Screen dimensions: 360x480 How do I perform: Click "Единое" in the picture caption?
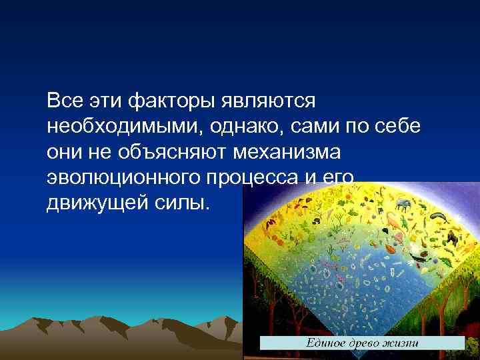pyautogui.click(x=325, y=343)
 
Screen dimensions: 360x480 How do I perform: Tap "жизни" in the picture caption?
pyautogui.click(x=401, y=343)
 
